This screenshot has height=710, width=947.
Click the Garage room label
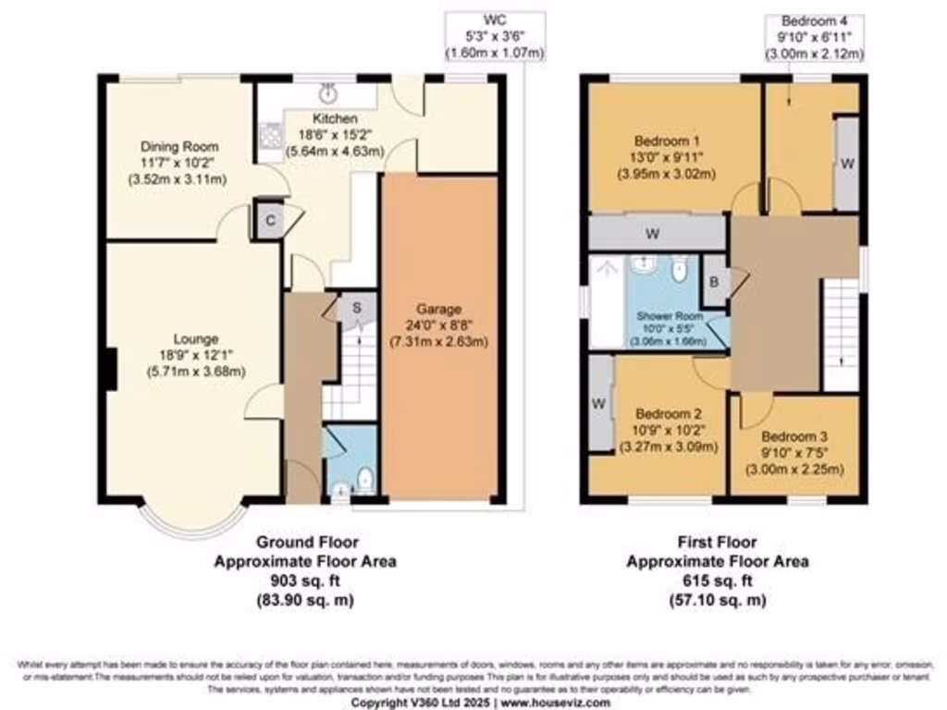438,309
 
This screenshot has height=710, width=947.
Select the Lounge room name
193,338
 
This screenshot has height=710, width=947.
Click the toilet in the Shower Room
681,269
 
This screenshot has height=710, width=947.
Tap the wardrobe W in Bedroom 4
844,163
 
